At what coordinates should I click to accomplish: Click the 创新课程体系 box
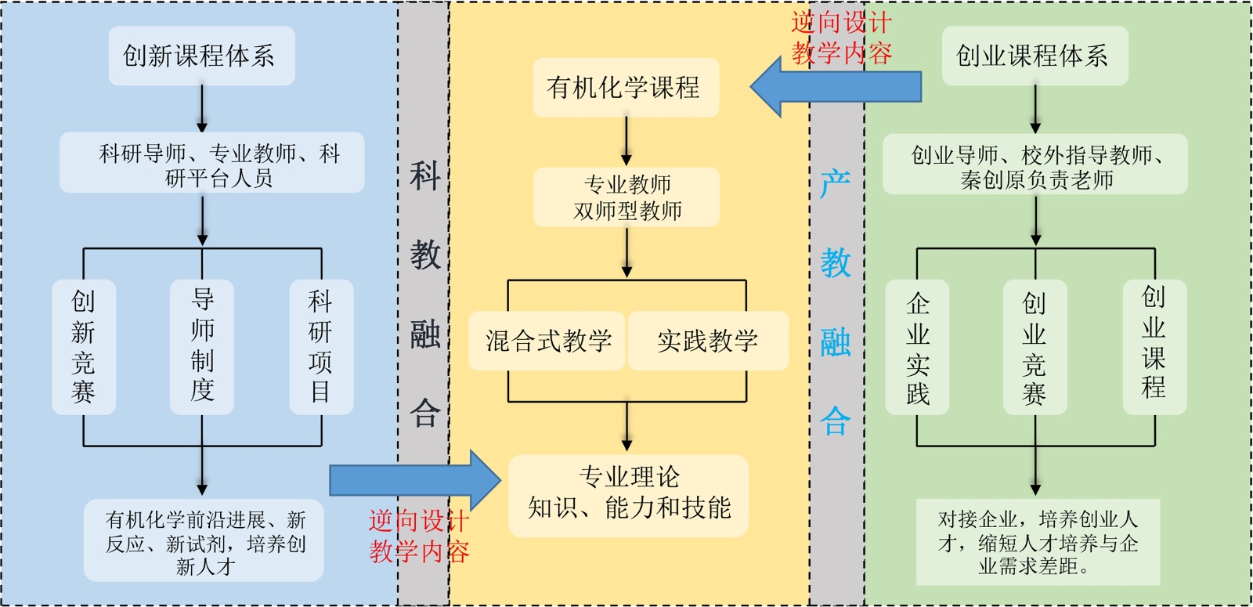coord(201,56)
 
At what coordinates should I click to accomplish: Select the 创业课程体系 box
coord(1035,56)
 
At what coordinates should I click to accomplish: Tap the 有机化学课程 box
coord(626,87)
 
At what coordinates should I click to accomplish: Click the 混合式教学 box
coord(547,341)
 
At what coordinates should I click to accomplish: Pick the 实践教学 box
coord(707,341)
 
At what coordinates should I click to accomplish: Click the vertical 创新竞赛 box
coord(84,347)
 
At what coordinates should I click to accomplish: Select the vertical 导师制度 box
coord(202,347)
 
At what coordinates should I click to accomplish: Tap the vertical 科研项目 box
coord(321,347)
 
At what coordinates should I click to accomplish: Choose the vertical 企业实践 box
coord(917,347)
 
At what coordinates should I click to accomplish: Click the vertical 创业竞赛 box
coord(1035,347)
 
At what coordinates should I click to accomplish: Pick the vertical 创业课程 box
coord(1154,347)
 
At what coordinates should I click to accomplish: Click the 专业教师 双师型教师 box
coord(626,197)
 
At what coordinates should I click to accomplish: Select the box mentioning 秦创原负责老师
coord(1035,165)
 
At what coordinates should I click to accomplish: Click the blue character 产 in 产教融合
coord(836,185)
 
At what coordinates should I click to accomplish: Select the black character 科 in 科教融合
coord(425,175)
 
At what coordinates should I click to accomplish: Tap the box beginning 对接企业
coord(1038,542)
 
